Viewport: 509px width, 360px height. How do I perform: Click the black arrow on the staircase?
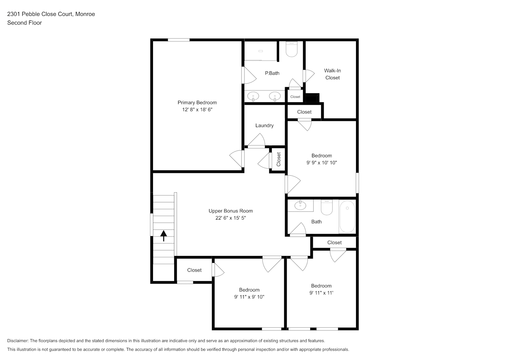pyautogui.click(x=163, y=236)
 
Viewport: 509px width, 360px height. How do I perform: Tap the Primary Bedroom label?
pyautogui.click(x=197, y=103)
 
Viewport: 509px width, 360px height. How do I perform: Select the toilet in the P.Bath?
pyautogui.click(x=292, y=49)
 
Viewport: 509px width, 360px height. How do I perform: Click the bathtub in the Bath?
pyautogui.click(x=347, y=216)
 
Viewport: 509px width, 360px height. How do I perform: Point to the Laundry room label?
pyautogui.click(x=265, y=125)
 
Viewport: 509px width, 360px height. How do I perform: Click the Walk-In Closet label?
pyautogui.click(x=333, y=74)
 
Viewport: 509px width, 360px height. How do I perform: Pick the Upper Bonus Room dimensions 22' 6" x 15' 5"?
pyautogui.click(x=231, y=218)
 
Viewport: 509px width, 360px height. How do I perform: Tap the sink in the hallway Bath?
pyautogui.click(x=300, y=206)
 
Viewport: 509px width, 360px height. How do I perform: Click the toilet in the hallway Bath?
pyautogui.click(x=327, y=207)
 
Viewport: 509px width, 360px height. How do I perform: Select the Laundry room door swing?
pyautogui.click(x=257, y=140)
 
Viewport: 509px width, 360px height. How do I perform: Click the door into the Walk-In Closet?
pyautogui.click(x=308, y=76)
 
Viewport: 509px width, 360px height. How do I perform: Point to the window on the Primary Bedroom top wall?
pyautogui.click(x=179, y=40)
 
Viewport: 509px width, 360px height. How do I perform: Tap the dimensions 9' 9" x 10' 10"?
pyautogui.click(x=321, y=163)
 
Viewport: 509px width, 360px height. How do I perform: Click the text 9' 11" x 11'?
pyautogui.click(x=321, y=293)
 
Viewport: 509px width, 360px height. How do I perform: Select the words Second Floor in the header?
pyautogui.click(x=24, y=23)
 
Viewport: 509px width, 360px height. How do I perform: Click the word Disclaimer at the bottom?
pyautogui.click(x=18, y=341)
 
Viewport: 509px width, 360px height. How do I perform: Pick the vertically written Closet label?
pyautogui.click(x=279, y=159)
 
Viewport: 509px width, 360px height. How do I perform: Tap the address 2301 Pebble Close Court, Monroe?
pyautogui.click(x=51, y=14)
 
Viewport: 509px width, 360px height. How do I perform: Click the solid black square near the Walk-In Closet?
pyautogui.click(x=312, y=98)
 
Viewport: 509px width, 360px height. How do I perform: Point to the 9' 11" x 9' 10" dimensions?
pyautogui.click(x=249, y=297)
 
